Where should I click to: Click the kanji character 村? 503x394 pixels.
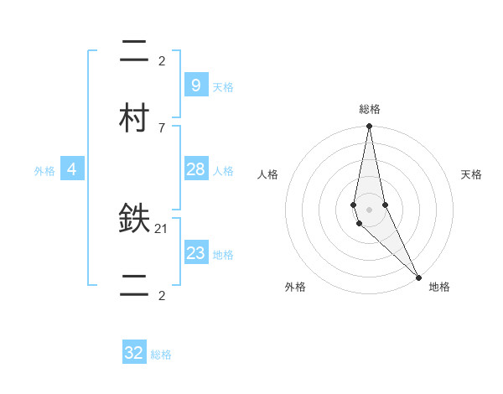(x=135, y=118)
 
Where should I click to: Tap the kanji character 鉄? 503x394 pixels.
(x=135, y=219)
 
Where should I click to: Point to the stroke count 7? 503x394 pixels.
(x=161, y=127)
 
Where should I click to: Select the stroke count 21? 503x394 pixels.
(x=162, y=228)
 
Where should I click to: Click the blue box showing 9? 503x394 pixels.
(x=195, y=85)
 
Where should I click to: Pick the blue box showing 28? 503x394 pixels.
(x=195, y=169)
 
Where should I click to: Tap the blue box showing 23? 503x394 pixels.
(x=195, y=253)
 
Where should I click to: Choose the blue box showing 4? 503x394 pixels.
(x=72, y=169)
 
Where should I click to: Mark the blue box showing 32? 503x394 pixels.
(x=134, y=353)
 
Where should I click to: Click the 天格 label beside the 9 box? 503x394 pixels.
(x=223, y=86)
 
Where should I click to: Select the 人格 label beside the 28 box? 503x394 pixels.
(x=223, y=171)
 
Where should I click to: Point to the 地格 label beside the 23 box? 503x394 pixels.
(x=223, y=255)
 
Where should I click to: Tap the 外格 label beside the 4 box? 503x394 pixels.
(x=44, y=171)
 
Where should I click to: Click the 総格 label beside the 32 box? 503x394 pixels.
(x=161, y=355)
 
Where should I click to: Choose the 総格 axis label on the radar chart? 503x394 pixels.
(x=370, y=109)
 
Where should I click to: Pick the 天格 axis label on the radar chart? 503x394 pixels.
(x=471, y=174)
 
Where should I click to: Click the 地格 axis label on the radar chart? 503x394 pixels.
(x=439, y=287)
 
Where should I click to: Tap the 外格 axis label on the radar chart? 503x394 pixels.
(x=295, y=287)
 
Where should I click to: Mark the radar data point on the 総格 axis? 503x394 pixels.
(x=369, y=127)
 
